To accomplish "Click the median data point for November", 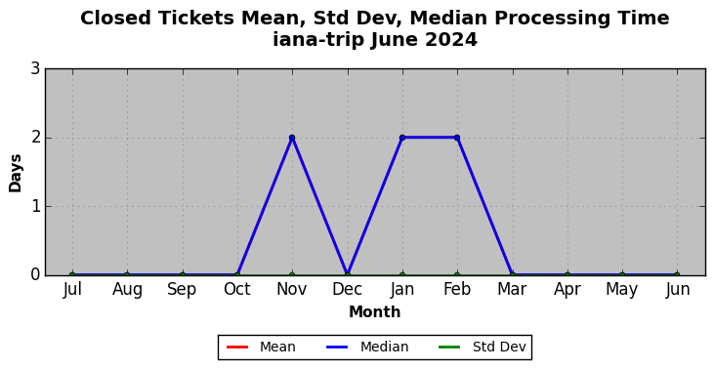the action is pos(292,138).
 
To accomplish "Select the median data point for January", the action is pos(402,138).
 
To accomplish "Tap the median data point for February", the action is pos(457,138).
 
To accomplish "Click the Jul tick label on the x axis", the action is pos(72,289).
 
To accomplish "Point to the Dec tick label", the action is pos(347,289).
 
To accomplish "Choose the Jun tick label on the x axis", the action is pos(677,289).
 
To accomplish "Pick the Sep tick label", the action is pos(182,290).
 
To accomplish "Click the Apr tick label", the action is pos(567,290).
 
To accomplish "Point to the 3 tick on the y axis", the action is pos(35,69).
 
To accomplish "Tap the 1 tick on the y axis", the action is pos(35,207).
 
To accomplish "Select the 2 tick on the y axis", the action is pos(35,138).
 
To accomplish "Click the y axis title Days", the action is pos(15,173).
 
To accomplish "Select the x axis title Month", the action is pos(374,312).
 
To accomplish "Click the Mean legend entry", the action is pos(261,348).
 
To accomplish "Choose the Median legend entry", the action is pos(367,348).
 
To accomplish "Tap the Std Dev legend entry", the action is pos(483,348).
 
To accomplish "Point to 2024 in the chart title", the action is pos(451,40).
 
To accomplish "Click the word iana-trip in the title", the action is pos(318,40).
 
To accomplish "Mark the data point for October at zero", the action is pos(237,275).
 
